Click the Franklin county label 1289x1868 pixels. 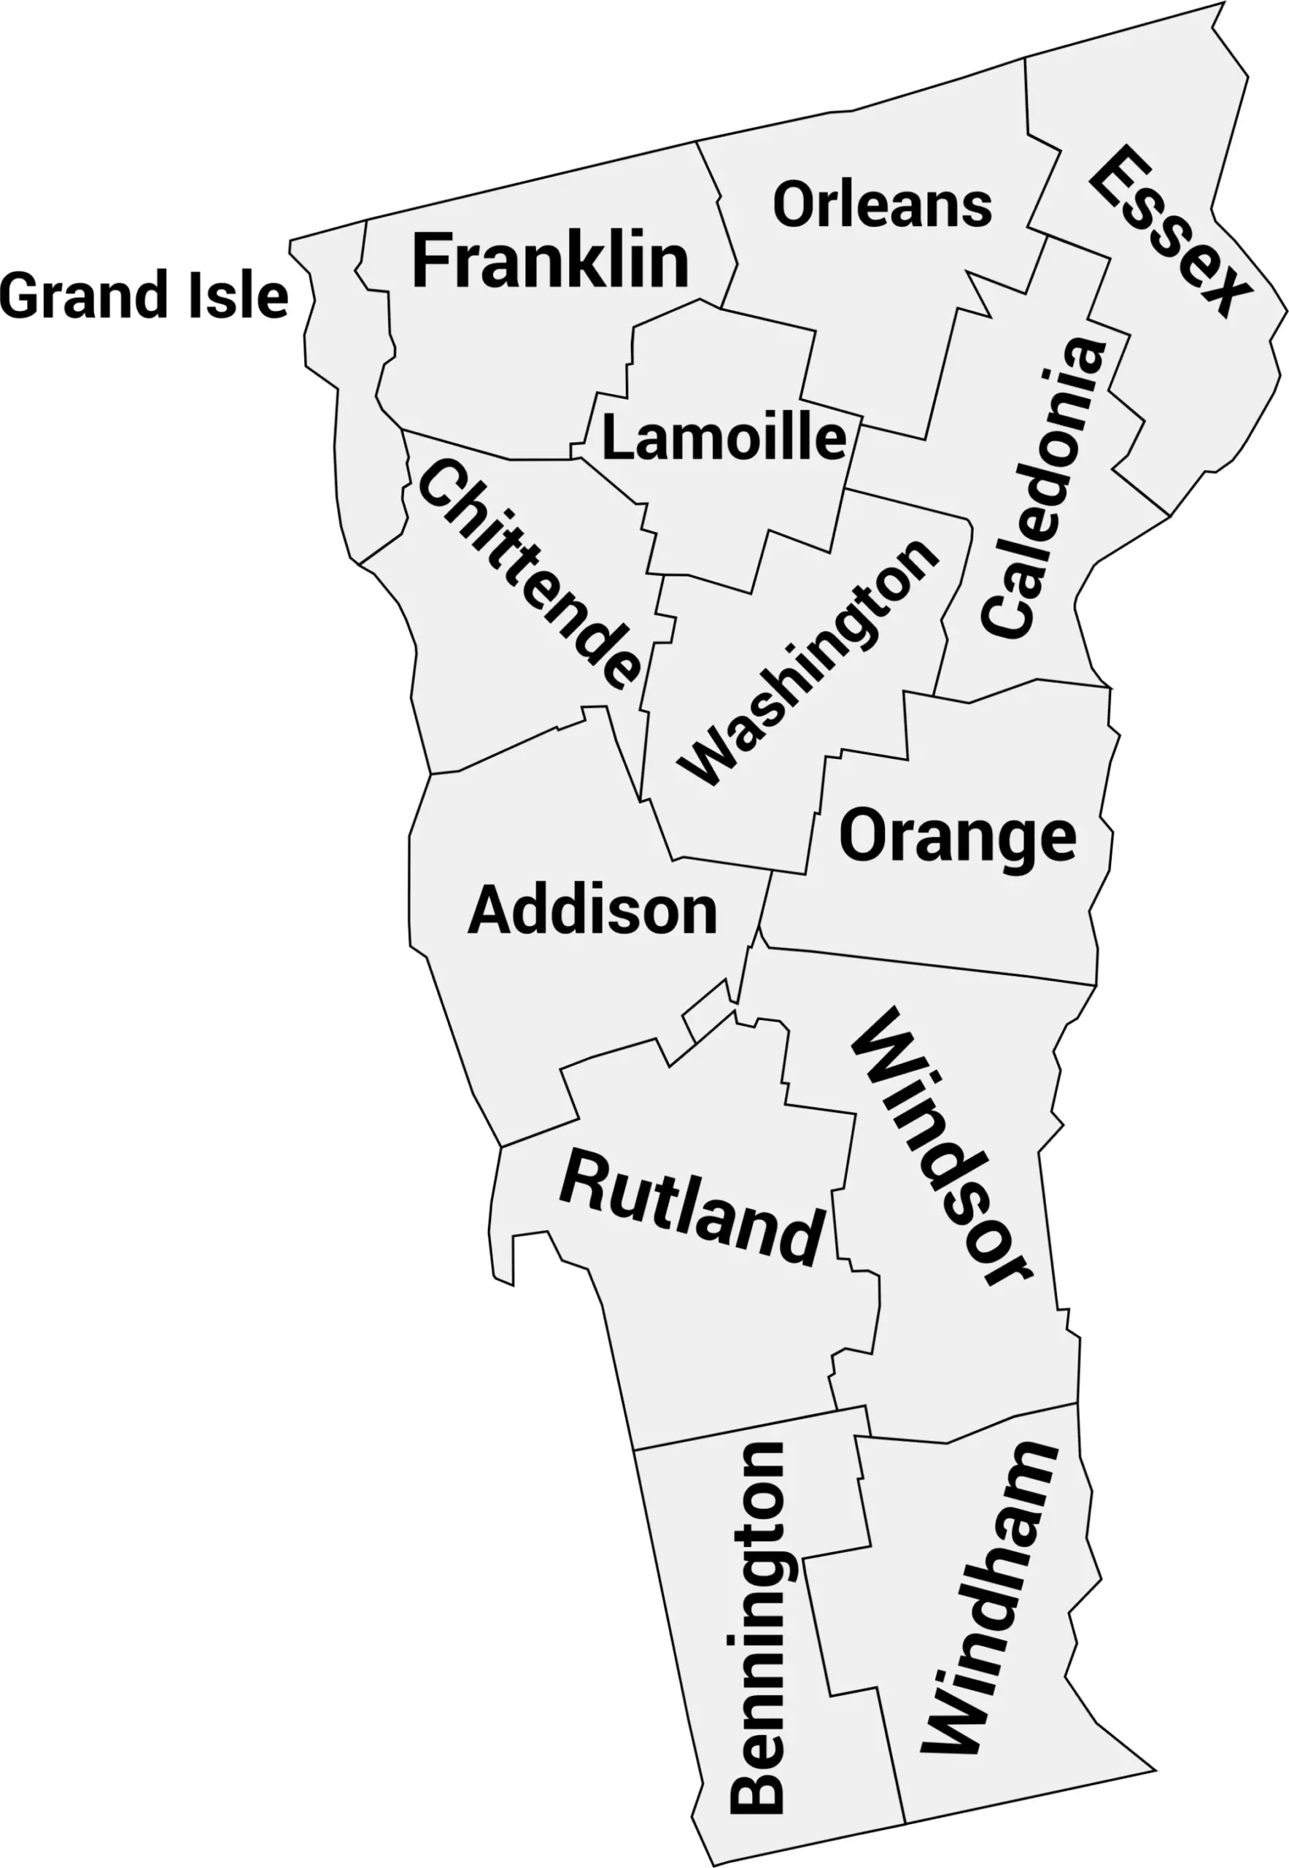550,261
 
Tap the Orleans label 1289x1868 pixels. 882,205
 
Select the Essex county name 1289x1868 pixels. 1169,231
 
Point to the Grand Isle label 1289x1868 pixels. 144,296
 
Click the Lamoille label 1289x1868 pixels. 724,438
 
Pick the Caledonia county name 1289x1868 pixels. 1042,488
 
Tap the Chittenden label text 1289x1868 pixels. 529,575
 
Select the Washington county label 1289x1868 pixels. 808,663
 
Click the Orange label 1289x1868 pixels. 957,837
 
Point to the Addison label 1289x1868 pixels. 592,911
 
